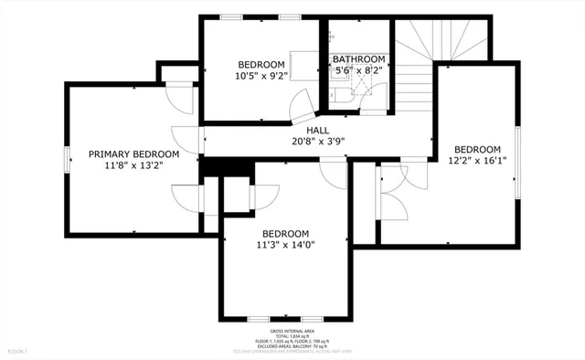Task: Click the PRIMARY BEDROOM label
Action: pyautogui.click(x=133, y=154)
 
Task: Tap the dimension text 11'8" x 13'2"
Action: pyautogui.click(x=133, y=166)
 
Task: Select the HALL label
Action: pyautogui.click(x=317, y=131)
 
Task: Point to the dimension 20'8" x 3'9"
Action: pyautogui.click(x=317, y=142)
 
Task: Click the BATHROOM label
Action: pyautogui.click(x=359, y=59)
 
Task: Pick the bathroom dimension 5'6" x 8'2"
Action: pyautogui.click(x=359, y=70)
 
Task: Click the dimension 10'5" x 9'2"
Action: pyautogui.click(x=261, y=76)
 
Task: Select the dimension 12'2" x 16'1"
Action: pyautogui.click(x=477, y=162)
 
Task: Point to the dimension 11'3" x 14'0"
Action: pyautogui.click(x=285, y=245)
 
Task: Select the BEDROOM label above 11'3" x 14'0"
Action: pyautogui.click(x=285, y=233)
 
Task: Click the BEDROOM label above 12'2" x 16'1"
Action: pyautogui.click(x=477, y=150)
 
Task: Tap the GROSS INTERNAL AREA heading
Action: pyautogui.click(x=292, y=331)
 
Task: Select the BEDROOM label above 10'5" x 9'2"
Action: pyautogui.click(x=261, y=64)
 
